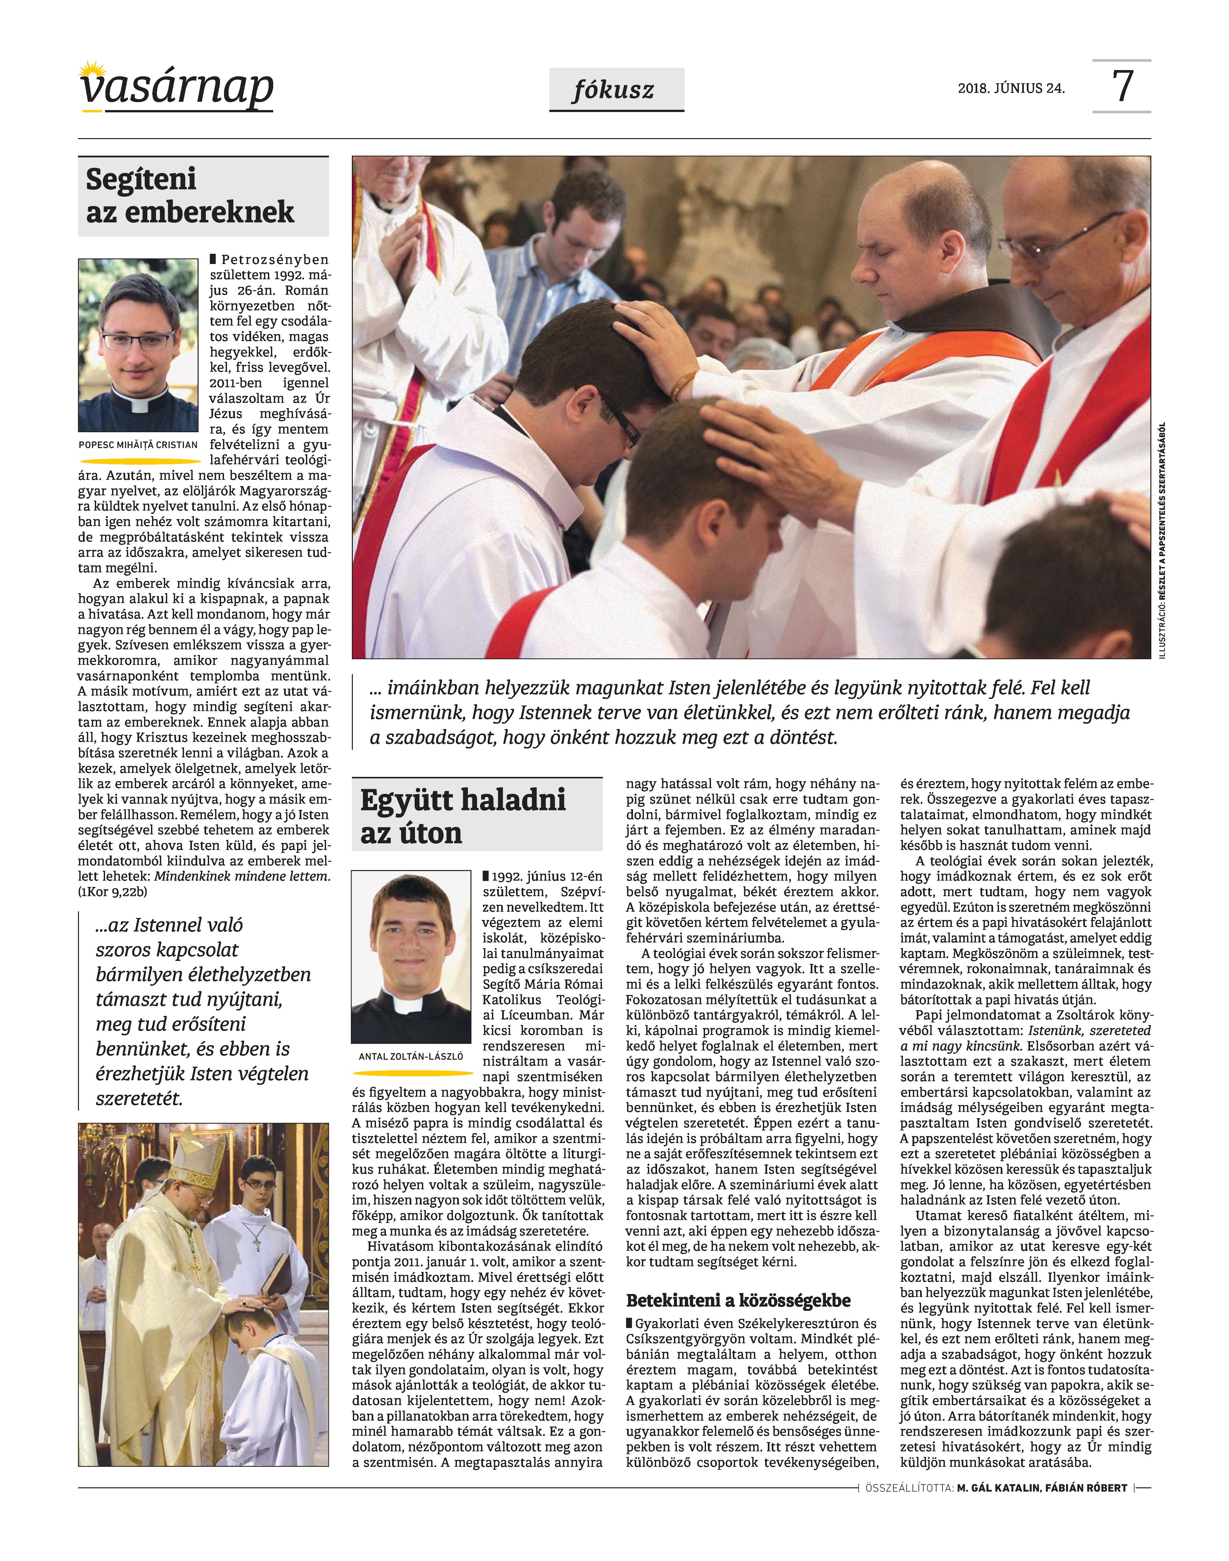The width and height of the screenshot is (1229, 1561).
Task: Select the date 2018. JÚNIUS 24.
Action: tap(1011, 89)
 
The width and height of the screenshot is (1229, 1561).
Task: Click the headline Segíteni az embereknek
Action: tap(190, 196)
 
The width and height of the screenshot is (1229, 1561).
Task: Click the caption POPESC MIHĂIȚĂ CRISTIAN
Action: tap(138, 445)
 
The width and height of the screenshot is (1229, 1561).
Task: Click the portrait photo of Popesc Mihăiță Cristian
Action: tap(138, 345)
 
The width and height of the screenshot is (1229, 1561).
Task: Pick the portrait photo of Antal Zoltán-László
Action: tap(411, 956)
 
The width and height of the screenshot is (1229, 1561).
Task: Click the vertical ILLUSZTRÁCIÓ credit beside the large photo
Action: tap(1163, 540)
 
